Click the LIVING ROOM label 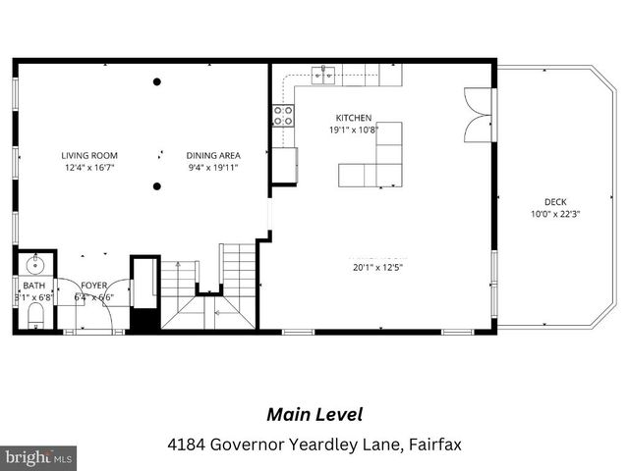(89, 155)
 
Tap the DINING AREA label (213, 155)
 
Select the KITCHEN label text (353, 118)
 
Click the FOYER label (94, 286)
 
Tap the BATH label (33, 286)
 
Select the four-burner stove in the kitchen (283, 116)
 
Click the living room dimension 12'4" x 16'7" (89, 168)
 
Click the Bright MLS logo (39, 457)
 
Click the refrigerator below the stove (284, 164)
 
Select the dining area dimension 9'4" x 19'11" (213, 168)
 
